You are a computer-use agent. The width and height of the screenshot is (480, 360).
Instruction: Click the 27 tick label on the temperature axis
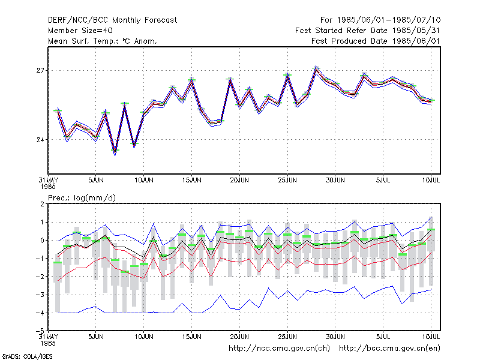click(x=40, y=71)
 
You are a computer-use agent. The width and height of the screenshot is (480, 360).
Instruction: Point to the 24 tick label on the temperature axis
click(x=40, y=140)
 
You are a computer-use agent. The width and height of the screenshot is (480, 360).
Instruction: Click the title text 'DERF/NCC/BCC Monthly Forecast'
click(x=112, y=20)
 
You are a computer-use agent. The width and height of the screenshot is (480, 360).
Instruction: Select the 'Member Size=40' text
click(x=80, y=31)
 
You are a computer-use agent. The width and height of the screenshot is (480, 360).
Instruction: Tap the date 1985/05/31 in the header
click(x=416, y=31)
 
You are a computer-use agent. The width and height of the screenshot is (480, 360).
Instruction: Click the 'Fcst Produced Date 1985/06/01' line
click(x=376, y=41)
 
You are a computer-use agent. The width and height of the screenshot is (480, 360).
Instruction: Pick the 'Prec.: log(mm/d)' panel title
click(x=82, y=198)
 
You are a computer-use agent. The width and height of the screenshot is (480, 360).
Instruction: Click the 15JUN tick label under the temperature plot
click(x=191, y=181)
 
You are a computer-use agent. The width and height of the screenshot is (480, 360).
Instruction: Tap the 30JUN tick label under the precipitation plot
click(x=335, y=337)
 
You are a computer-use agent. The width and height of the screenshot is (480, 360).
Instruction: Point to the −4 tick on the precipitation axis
click(x=41, y=313)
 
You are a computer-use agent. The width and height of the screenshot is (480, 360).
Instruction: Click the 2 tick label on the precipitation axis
click(x=43, y=204)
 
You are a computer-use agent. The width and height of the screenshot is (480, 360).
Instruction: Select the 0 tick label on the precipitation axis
click(x=43, y=241)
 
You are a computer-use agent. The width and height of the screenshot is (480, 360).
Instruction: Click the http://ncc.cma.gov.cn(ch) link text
click(x=279, y=349)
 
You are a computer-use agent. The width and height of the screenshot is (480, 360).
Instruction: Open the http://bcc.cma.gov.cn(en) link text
click(x=389, y=349)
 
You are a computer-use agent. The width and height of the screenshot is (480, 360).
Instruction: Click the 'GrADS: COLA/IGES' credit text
click(x=27, y=356)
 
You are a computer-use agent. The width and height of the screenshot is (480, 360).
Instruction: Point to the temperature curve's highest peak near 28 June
click(x=316, y=68)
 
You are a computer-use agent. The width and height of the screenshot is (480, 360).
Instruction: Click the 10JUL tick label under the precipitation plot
click(x=431, y=337)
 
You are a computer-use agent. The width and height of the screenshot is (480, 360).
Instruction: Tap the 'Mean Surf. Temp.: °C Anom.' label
click(x=103, y=41)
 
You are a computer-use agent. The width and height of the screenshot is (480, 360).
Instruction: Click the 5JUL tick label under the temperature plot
click(x=383, y=181)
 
